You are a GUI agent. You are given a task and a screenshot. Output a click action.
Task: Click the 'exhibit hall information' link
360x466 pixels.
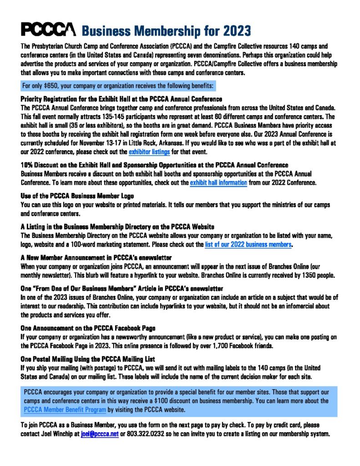pos(218,182)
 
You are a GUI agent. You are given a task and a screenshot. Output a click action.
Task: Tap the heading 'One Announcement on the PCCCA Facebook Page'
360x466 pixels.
pos(88,328)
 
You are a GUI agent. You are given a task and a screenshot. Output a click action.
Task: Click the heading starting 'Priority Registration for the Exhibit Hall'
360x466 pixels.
pos(122,99)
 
